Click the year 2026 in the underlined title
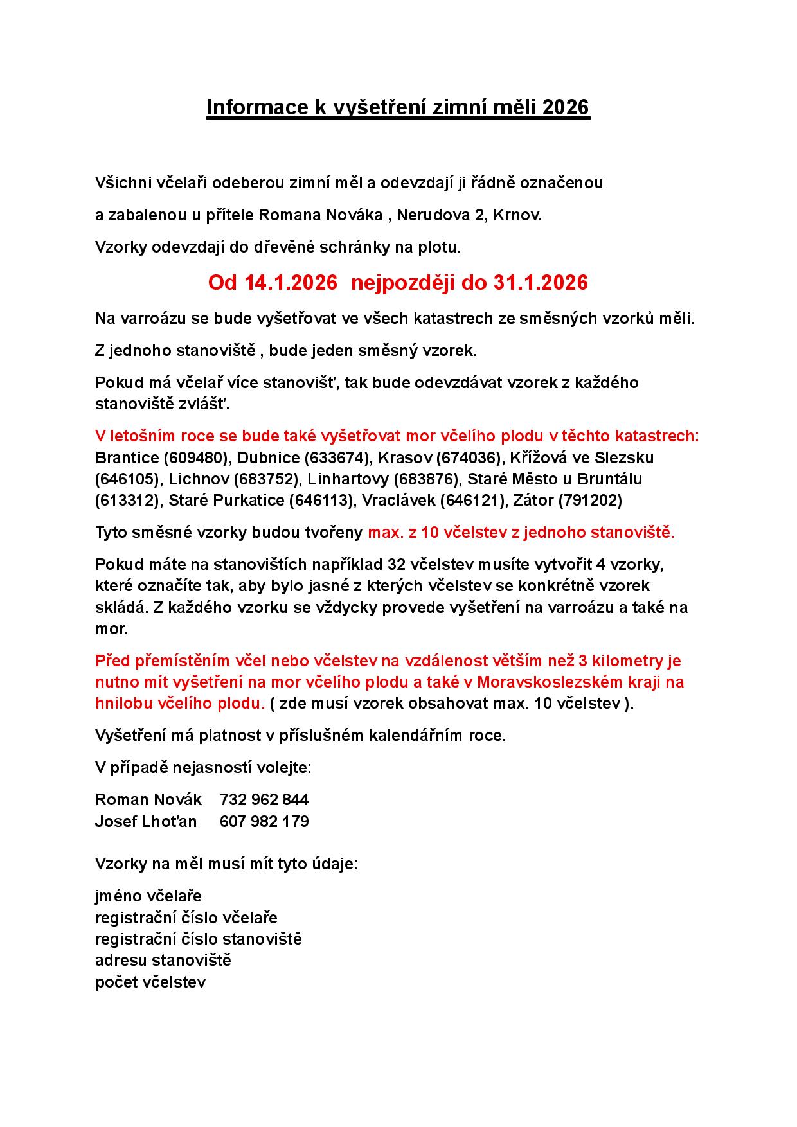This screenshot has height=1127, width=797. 566,107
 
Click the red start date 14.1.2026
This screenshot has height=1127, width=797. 291,283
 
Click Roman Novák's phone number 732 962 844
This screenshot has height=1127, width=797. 264,800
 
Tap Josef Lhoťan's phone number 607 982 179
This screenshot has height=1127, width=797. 264,821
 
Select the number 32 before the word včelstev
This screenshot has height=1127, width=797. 398,565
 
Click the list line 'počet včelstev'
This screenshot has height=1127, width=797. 150,982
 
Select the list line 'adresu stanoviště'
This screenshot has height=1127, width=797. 163,961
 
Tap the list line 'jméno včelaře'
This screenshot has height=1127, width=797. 148,896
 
